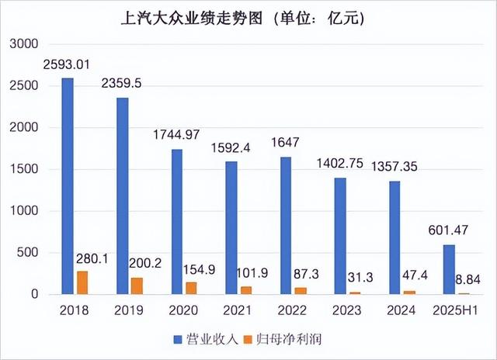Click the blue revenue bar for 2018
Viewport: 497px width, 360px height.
pyautogui.click(x=68, y=186)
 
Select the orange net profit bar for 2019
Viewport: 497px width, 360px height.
pyautogui.click(x=137, y=286)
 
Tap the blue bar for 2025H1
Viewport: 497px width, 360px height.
pyautogui.click(x=449, y=269)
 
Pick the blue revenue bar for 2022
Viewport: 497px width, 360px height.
pyautogui.click(x=286, y=226)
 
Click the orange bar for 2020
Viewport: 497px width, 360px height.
pyautogui.click(x=192, y=288)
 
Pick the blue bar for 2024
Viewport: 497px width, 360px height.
pyautogui.click(x=394, y=237)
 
